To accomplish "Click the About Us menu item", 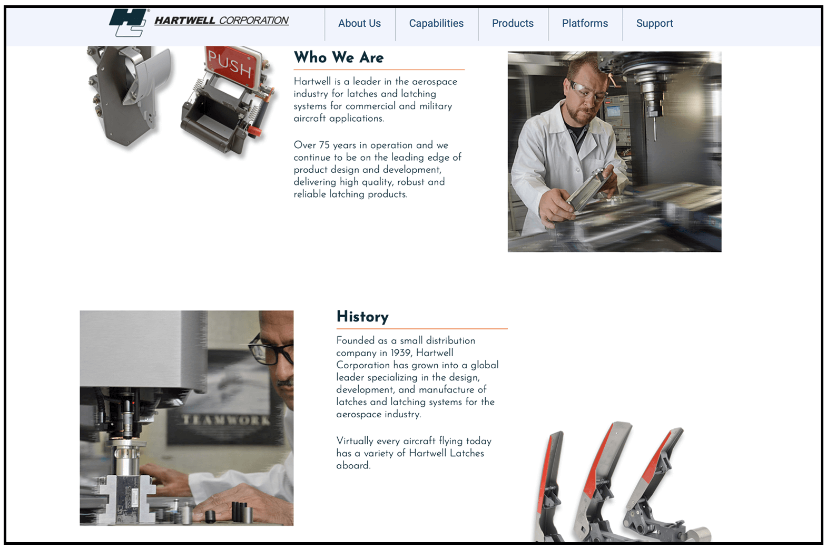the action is (359, 23).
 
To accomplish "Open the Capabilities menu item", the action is (436, 23).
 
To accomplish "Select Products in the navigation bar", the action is (513, 23).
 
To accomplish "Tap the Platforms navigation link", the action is (585, 23).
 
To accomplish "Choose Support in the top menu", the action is (654, 24).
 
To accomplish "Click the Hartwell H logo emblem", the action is (129, 23).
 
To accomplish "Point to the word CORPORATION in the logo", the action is (254, 20).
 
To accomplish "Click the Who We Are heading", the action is (339, 57).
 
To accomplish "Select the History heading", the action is (362, 316).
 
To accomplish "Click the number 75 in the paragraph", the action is (324, 145).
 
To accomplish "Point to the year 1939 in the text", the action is (401, 353).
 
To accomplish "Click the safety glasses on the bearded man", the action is (587, 91).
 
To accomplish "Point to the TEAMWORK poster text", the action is (226, 420).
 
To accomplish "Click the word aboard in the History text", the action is (353, 465).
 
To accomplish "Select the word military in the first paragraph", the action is (436, 106).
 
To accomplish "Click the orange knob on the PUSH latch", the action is (254, 131).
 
